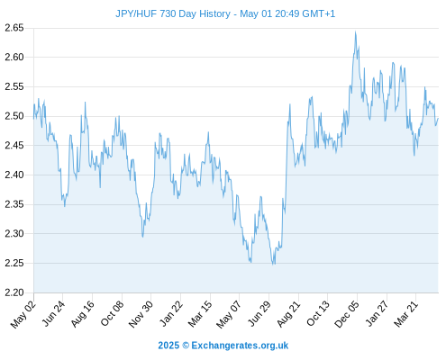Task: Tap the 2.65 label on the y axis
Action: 14,28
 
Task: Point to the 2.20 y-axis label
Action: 14,292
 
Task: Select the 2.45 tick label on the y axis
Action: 14,146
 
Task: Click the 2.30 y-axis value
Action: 14,233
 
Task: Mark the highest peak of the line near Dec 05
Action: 356,31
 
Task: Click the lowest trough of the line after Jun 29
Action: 273,265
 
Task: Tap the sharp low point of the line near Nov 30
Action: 142,237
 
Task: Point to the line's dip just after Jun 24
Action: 65,206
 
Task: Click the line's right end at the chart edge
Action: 438,118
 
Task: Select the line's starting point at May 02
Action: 33,119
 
